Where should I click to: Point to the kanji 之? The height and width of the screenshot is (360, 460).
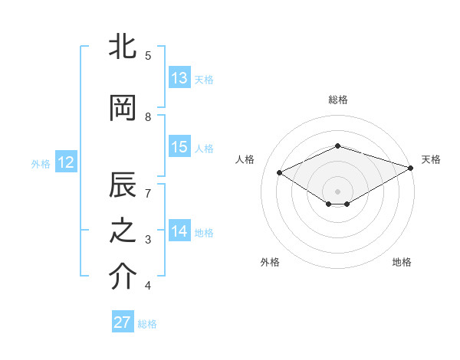coord(123,232)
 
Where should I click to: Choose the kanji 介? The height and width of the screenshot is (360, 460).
coord(123,277)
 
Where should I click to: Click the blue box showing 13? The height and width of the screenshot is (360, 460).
coord(179,78)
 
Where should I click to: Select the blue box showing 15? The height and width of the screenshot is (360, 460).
coord(179,147)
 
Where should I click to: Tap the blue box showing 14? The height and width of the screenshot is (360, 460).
coord(179,231)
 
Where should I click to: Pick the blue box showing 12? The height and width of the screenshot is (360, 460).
coord(65,162)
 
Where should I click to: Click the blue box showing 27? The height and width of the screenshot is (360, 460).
coord(123,322)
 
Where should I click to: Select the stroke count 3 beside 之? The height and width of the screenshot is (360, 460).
coord(148,240)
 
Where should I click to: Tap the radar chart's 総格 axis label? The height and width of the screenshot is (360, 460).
coord(337,100)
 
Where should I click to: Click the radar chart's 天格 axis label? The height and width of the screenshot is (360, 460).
coord(431,159)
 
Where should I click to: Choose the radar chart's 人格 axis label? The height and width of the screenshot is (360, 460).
coord(245,159)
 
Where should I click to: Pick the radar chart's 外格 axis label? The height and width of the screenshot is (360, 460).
coord(270,262)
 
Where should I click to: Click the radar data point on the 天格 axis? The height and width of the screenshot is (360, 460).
coord(412,167)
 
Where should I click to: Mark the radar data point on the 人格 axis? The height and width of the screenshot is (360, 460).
coord(280,172)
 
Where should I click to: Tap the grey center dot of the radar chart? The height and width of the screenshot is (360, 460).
coord(337,191)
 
